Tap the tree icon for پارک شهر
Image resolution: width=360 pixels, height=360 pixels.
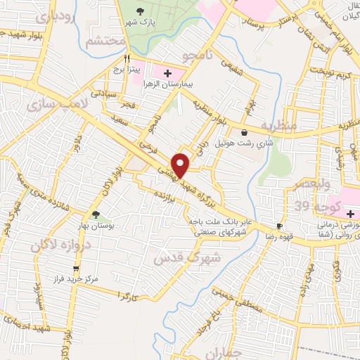[x=141, y=11]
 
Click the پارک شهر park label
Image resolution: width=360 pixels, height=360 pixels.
[x=139, y=22]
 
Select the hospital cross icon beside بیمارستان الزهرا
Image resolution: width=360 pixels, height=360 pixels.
[x=167, y=72]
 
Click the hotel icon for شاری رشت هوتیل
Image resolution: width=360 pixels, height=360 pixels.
[x=244, y=132]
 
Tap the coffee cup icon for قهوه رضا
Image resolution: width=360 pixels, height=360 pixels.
[x=279, y=226]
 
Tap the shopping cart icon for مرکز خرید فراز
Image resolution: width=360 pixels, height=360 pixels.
[x=77, y=268]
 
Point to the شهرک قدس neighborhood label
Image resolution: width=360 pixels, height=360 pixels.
[x=188, y=258]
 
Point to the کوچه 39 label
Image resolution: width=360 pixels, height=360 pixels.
[x=313, y=206]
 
